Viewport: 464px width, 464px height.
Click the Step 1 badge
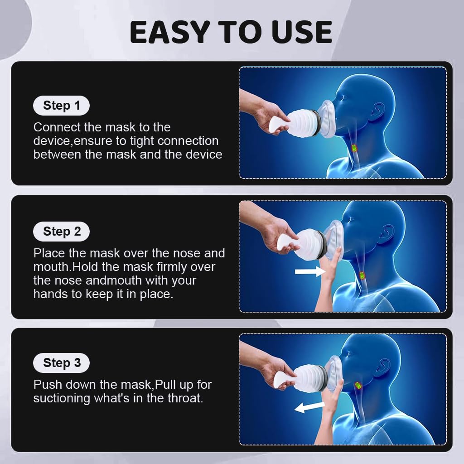(x=61, y=106)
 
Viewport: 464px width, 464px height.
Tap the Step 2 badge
(x=61, y=232)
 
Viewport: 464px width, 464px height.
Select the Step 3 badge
(x=61, y=363)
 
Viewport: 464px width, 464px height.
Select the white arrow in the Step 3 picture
(x=309, y=407)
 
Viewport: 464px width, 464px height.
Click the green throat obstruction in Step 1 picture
(x=354, y=148)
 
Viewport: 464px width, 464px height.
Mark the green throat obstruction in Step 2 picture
(x=362, y=275)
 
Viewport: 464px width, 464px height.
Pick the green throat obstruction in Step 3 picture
(x=358, y=385)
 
